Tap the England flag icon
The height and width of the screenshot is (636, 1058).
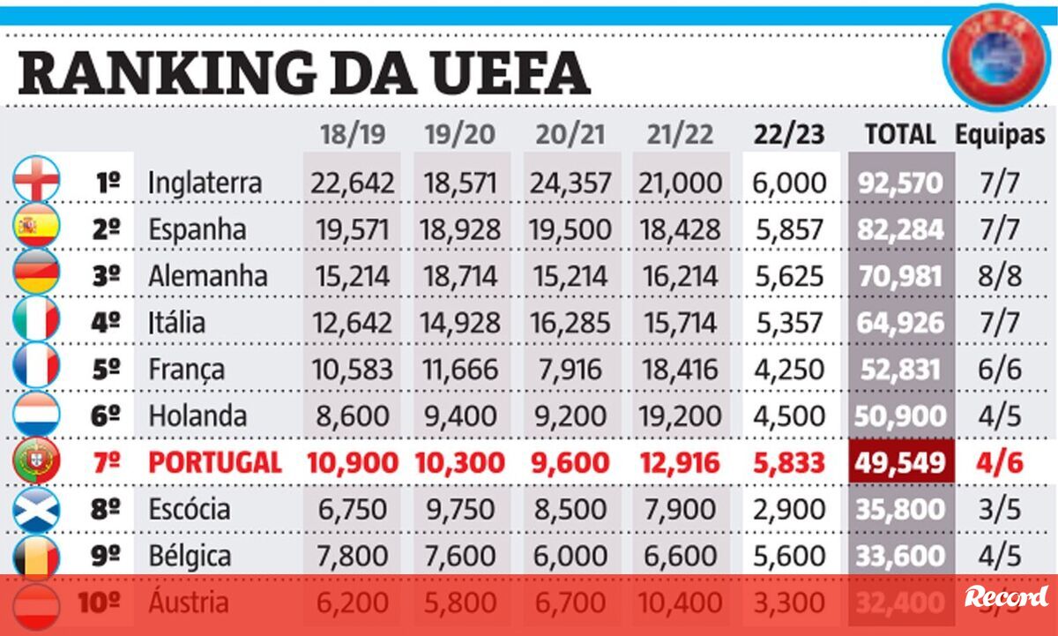point(36,181)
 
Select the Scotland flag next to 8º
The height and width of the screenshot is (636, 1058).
point(36,509)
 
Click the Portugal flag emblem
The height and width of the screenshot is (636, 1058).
point(36,462)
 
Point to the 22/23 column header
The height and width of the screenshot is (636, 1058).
point(789,134)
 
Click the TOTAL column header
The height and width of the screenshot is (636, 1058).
point(900,134)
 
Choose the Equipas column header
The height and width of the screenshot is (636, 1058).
point(1000,134)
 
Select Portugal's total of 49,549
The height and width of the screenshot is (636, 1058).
point(900,462)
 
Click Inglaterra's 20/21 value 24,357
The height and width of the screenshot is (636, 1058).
point(570,183)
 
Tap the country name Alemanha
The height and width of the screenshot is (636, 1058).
point(207,275)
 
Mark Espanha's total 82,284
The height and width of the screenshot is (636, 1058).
point(900,229)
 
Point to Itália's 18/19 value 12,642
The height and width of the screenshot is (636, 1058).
point(350,322)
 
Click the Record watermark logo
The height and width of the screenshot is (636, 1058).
point(1005,596)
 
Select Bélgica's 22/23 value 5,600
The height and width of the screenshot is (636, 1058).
point(789,556)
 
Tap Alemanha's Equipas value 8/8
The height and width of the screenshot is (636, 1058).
point(1000,275)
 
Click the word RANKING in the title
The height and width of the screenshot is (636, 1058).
point(168,72)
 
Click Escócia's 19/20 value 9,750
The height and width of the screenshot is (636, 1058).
point(461,509)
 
